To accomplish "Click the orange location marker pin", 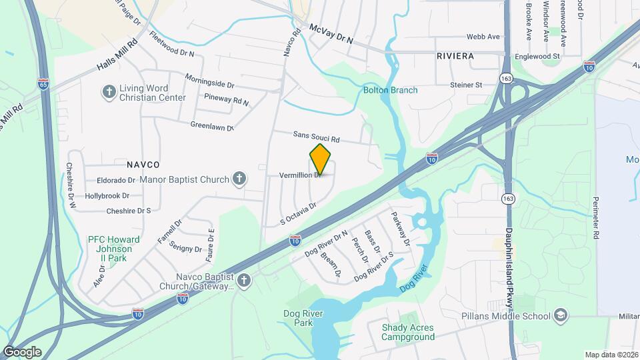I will pyautogui.click(x=320, y=159).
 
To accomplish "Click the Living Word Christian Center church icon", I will pyautogui.click(x=109, y=92).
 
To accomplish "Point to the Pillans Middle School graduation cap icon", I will pyautogui.click(x=561, y=316).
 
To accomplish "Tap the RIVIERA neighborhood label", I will pyautogui.click(x=455, y=56).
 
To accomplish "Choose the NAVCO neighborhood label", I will pyautogui.click(x=143, y=164).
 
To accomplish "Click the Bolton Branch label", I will pyautogui.click(x=390, y=90).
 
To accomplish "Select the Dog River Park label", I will pyautogui.click(x=298, y=318).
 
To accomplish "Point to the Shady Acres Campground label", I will pyautogui.click(x=407, y=332).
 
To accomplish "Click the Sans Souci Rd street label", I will pyautogui.click(x=317, y=137).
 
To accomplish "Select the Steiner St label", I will pyautogui.click(x=466, y=85).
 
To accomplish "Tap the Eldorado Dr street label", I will pyautogui.click(x=116, y=180).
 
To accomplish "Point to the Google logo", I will pyautogui.click(x=22, y=351).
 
